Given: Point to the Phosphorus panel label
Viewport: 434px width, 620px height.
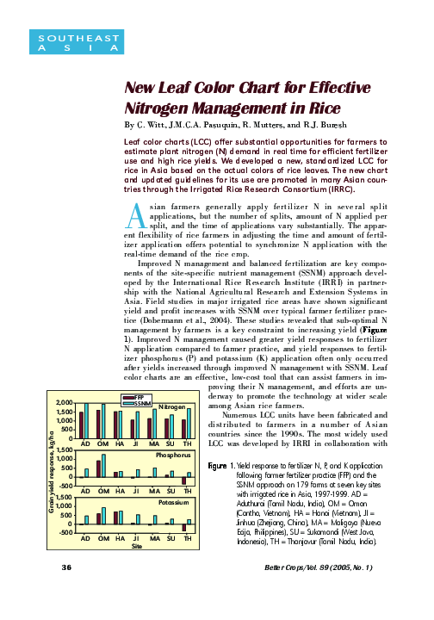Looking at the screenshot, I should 169,453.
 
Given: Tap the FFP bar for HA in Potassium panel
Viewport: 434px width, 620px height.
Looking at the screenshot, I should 116,518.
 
